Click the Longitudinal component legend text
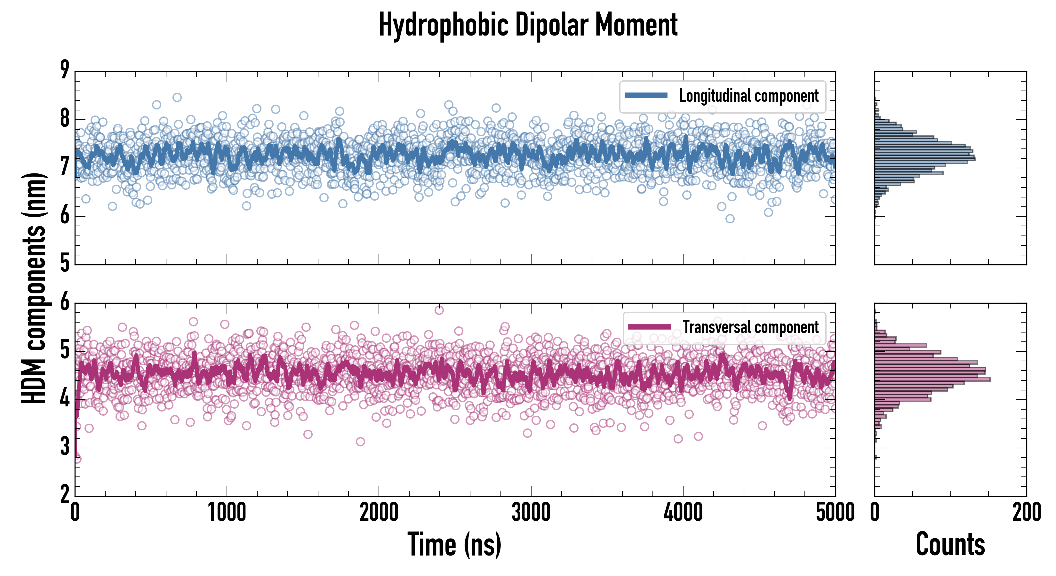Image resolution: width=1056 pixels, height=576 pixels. click(x=748, y=96)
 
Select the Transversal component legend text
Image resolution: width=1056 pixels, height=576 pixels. click(x=751, y=327)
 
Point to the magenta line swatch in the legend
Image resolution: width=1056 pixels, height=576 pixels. click(x=649, y=327)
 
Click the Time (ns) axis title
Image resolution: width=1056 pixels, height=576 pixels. click(x=454, y=544)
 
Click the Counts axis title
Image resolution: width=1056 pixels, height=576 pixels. click(x=950, y=544)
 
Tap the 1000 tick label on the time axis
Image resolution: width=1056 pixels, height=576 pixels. click(x=227, y=512)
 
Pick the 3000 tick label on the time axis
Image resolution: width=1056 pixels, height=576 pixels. click(x=531, y=512)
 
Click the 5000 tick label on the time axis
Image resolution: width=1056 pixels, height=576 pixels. click(x=835, y=512)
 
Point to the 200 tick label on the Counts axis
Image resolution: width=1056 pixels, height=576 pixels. click(x=1026, y=512)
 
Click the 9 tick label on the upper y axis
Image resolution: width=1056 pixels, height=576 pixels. click(x=65, y=70)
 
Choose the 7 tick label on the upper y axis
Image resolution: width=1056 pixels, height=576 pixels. click(x=65, y=166)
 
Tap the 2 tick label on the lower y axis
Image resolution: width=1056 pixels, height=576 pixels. click(x=65, y=494)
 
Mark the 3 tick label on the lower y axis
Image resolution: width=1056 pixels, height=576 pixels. click(x=65, y=446)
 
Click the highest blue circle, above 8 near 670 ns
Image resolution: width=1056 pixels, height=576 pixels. click(x=177, y=98)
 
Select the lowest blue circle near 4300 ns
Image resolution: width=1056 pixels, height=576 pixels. click(x=730, y=219)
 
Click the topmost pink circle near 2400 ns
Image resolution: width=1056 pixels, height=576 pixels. click(x=439, y=310)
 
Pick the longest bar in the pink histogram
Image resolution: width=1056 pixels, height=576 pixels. click(x=932, y=379)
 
